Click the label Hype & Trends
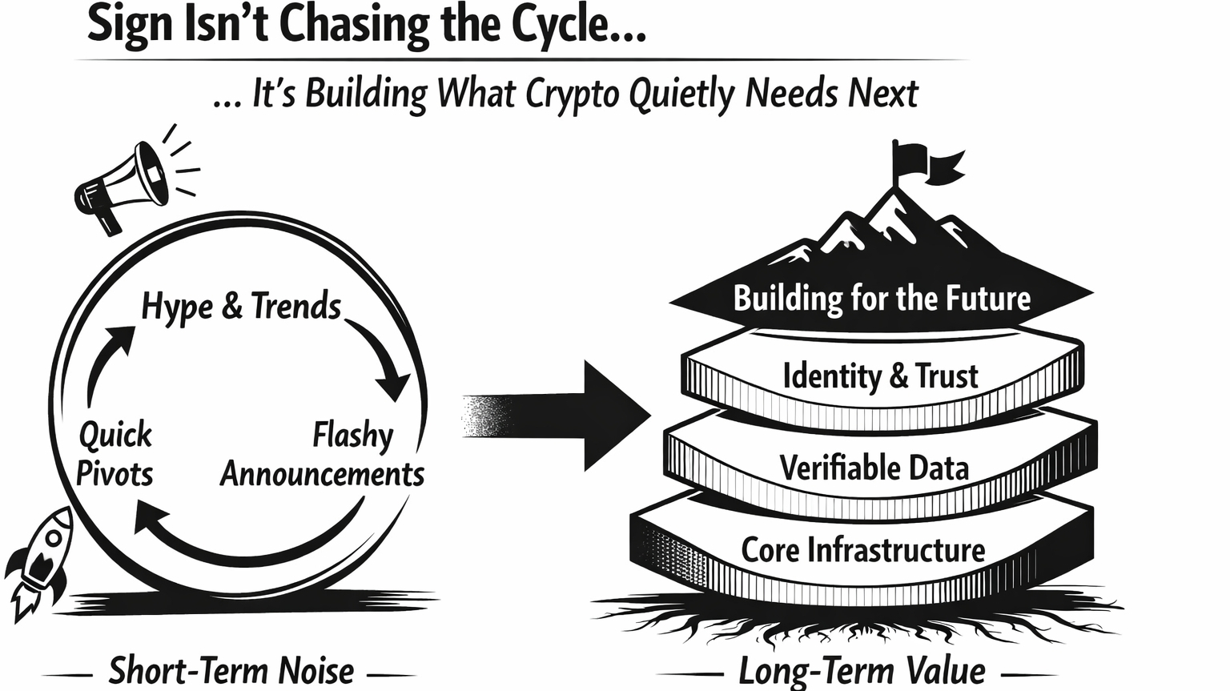point(241,307)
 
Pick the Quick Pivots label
point(115,454)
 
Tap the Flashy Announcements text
point(323,455)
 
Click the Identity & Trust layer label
point(880,376)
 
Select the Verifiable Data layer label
point(874,468)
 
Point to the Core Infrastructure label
point(862,550)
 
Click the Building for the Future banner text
point(882,299)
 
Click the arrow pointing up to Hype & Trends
point(108,360)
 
